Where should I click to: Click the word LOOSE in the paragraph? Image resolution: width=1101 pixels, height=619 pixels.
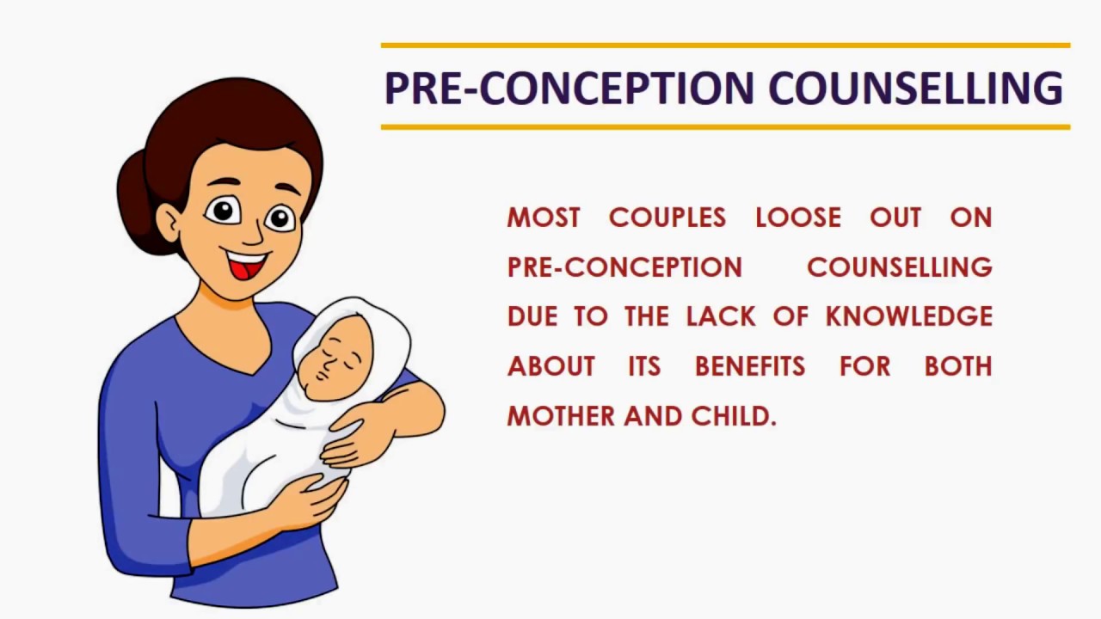pos(798,218)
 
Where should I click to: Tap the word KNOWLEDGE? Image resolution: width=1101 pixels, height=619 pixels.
pos(909,316)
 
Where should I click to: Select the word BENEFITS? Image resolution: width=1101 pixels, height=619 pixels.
pos(750,366)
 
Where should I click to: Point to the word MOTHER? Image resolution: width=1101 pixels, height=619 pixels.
pos(561,416)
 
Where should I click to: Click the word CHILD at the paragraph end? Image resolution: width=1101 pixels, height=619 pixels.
pos(734,416)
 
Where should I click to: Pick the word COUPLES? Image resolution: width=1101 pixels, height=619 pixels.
pos(667,218)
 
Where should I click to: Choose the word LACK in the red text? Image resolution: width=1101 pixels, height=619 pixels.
pos(721,316)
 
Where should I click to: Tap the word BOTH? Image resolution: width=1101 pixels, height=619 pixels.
pos(958,366)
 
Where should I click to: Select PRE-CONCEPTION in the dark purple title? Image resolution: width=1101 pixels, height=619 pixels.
pos(569,88)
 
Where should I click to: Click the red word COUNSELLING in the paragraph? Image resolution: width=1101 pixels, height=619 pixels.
pos(900,267)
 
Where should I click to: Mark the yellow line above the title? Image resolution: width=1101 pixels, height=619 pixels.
pos(725,46)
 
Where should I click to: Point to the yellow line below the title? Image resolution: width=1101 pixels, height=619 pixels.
pos(725,127)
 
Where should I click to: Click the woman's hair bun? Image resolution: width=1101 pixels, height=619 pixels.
pos(135,201)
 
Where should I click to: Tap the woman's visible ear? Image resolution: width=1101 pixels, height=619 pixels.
pos(169,223)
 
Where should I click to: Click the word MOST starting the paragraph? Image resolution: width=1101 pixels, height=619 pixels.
pos(544,218)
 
